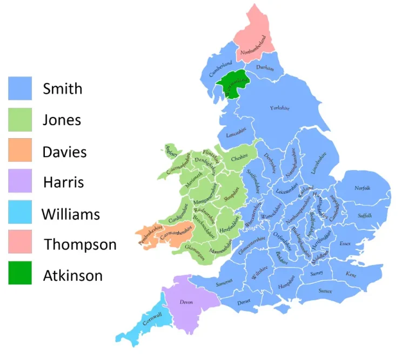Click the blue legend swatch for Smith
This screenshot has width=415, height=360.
click(20, 88)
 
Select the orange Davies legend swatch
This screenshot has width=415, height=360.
click(20, 150)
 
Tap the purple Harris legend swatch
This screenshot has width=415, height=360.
click(20, 181)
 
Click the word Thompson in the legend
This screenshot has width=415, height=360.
click(80, 244)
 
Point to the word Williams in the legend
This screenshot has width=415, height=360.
click(71, 214)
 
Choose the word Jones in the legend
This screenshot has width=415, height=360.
click(62, 120)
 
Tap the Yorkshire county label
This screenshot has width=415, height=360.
click(279, 108)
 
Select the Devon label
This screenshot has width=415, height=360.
click(186, 303)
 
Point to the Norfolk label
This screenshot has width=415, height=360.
click(362, 188)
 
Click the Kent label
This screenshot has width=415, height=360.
click(351, 274)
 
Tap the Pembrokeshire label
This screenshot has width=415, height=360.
click(150, 235)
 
